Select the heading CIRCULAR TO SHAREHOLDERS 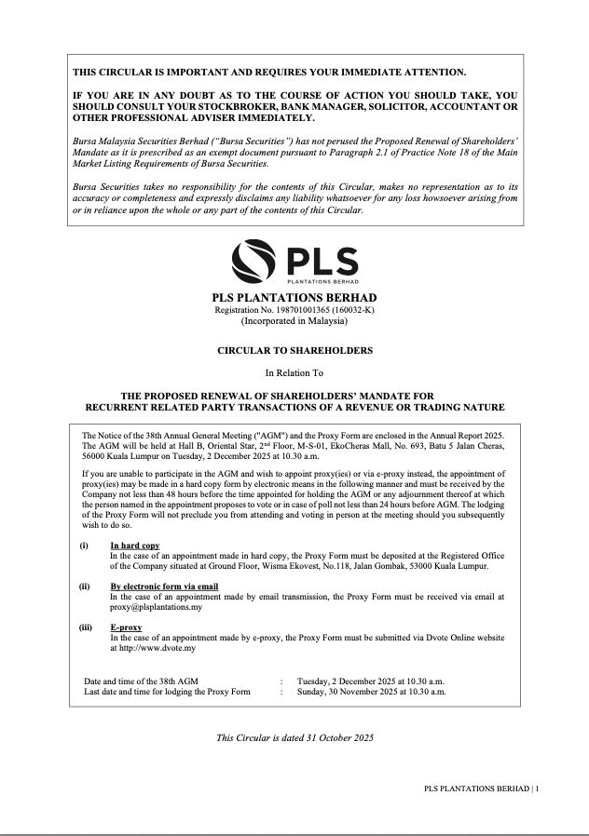click(294, 351)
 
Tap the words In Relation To click(294, 373)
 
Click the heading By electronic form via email click(164, 587)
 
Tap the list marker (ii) click(85, 587)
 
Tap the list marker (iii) click(86, 627)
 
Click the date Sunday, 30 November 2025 click(345, 693)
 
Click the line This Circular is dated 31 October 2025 click(294, 738)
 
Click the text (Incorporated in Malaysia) click(294, 321)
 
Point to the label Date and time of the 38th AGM click(142, 681)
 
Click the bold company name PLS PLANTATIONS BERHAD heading click(294, 297)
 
